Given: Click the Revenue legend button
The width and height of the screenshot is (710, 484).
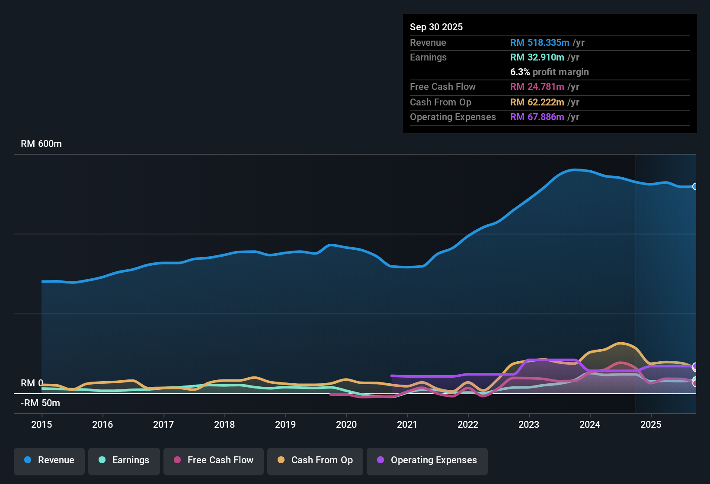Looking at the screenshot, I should (49, 461).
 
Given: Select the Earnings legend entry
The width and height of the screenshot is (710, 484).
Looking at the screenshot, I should (124, 461).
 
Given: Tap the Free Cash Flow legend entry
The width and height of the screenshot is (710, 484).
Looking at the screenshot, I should (214, 461).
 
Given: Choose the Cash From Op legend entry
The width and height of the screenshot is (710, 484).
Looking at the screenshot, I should (315, 461).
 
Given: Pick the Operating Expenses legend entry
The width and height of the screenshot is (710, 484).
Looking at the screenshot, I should (427, 461).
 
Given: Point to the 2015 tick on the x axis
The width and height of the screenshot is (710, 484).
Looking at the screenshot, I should (42, 424).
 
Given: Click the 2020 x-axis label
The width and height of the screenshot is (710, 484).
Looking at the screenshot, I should (346, 424).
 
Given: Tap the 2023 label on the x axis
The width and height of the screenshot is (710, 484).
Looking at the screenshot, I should (529, 424).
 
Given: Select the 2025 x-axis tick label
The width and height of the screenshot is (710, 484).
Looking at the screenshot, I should (651, 424).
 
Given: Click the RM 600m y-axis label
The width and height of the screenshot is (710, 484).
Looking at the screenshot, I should (41, 144).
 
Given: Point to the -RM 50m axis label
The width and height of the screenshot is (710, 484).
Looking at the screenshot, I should (40, 403).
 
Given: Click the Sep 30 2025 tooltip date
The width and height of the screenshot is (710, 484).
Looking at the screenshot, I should (436, 27).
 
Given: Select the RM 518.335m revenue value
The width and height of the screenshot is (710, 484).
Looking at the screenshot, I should (540, 43).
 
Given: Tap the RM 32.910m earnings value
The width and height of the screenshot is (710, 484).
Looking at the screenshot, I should (537, 57).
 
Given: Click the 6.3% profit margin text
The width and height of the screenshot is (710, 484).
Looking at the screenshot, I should (549, 72).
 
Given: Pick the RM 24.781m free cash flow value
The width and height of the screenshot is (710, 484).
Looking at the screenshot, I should (537, 87).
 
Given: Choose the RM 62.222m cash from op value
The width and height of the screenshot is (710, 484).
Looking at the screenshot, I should (537, 102).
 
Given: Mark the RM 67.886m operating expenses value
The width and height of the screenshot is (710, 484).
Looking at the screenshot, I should (537, 117).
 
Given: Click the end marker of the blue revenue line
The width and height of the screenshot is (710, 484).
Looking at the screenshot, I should (695, 187).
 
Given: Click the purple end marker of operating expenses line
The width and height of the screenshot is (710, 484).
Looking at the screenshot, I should (695, 366).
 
